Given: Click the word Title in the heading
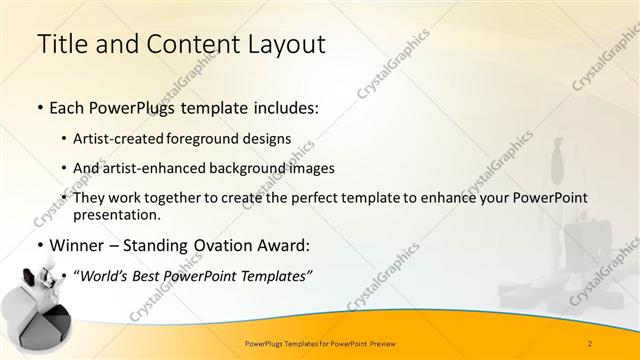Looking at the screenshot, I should (59, 44).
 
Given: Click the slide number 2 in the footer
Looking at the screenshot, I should (590, 343).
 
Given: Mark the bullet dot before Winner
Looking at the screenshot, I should (39, 246).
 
